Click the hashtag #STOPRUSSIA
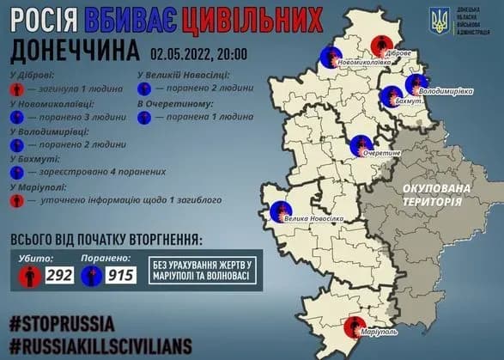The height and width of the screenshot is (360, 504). pos(63,324)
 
